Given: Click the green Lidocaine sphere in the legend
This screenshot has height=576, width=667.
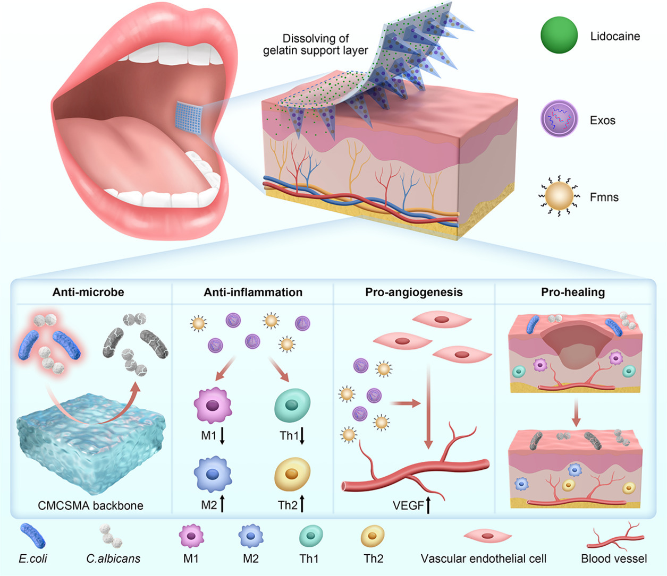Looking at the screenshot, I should click(559, 35).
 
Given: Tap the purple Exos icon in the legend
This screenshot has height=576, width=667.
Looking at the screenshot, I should click(559, 119).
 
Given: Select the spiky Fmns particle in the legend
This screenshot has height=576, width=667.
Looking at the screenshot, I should click(559, 197).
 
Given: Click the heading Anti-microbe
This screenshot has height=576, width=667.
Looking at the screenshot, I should click(88, 292).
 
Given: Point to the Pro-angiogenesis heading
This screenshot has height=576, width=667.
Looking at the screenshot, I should click(413, 292).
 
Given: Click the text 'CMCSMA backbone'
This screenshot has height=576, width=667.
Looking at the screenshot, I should click(90, 505).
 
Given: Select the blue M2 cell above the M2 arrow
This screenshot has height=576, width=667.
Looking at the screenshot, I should click(213, 474).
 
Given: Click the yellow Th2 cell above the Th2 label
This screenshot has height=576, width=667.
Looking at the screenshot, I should click(292, 474).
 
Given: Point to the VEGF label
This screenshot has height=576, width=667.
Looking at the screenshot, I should click(408, 505).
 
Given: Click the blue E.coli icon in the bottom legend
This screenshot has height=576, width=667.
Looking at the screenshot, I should click(33, 536).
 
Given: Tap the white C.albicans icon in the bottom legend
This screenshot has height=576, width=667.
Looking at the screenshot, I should click(112, 536).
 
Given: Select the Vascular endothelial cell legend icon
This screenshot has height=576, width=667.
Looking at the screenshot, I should click(487, 536).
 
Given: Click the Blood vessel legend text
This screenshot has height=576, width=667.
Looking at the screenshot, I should click(614, 558).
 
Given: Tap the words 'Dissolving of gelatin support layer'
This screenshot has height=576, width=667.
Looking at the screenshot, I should click(315, 45).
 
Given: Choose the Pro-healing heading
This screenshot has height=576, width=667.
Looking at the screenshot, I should click(572, 292).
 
